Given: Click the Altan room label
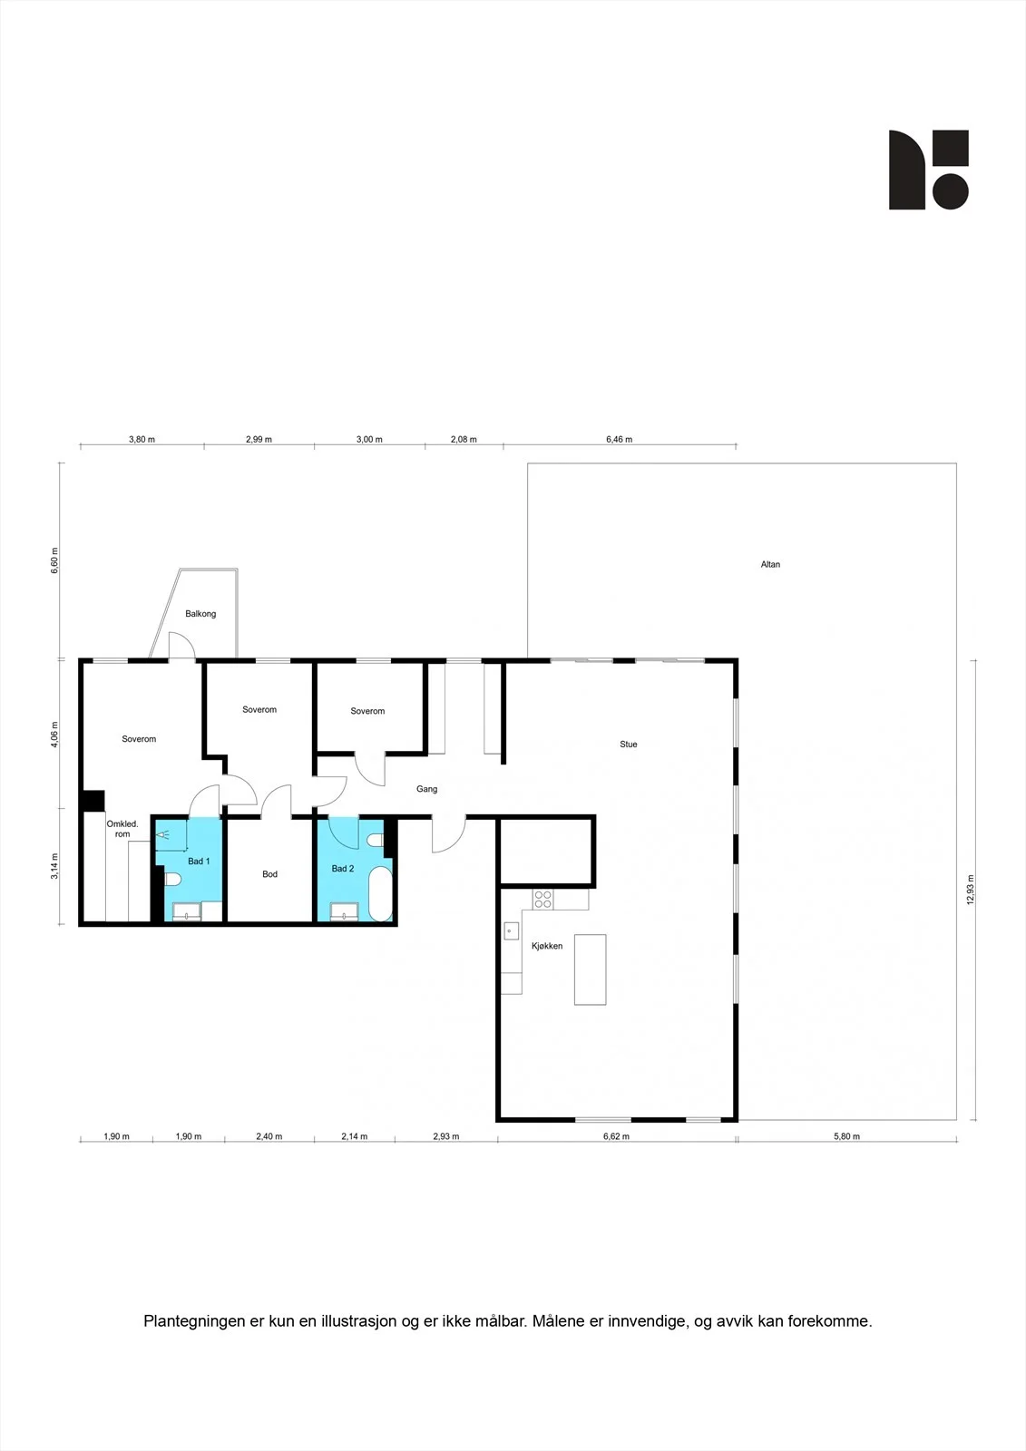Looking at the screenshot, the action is coord(770,564).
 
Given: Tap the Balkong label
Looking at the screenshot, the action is coord(200,613).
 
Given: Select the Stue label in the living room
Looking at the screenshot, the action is coord(628,745).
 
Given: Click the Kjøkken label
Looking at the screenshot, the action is coord(547,946).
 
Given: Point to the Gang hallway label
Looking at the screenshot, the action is coord(426,789).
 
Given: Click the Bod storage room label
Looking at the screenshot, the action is coord(269,874).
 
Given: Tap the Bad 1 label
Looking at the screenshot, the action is coord(199,861).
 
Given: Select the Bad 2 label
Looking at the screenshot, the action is coord(343,868).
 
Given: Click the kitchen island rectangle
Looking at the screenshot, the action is coord(590,969).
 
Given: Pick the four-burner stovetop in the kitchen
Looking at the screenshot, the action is coord(543,899).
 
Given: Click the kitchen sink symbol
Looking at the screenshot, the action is coord(512,930).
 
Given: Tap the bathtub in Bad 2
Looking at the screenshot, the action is coord(381,893).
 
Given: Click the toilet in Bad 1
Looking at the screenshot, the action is coord(172,879).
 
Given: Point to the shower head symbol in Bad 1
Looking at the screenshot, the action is coord(161,835).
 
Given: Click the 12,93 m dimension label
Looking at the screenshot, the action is coord(971,890).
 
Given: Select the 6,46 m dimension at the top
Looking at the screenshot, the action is coord(619,439).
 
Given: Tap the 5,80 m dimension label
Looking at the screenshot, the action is coord(846,1136).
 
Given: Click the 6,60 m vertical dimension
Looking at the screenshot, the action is coord(54,560).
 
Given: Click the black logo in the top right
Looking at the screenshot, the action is coord(929,170).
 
